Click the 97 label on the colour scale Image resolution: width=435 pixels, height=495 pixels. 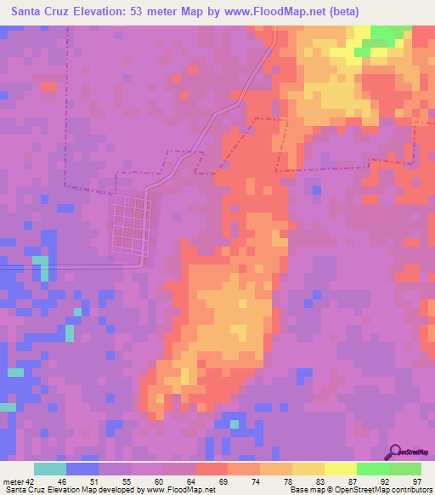416,481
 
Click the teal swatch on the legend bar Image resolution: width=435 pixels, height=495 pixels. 50,469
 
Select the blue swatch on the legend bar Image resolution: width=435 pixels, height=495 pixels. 82,469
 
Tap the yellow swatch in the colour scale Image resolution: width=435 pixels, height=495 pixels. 340,469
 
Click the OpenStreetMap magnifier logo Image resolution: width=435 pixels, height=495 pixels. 393,452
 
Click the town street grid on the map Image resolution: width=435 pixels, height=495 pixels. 130,225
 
